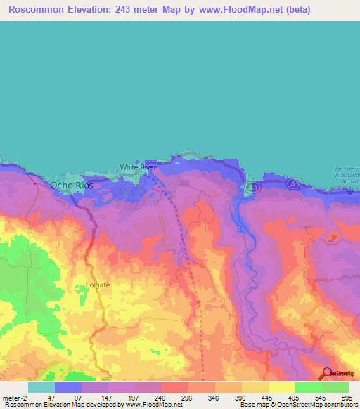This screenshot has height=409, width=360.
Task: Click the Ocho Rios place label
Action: click(x=71, y=186)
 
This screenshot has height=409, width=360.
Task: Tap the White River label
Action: click(x=138, y=167)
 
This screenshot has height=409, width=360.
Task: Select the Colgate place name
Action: click(x=98, y=285)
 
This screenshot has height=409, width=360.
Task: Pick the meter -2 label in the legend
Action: click(x=14, y=397)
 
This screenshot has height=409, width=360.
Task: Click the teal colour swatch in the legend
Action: click(x=41, y=387)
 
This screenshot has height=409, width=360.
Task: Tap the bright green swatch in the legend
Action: click(x=308, y=387)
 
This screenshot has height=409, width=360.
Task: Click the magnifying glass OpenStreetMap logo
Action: click(x=326, y=374)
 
